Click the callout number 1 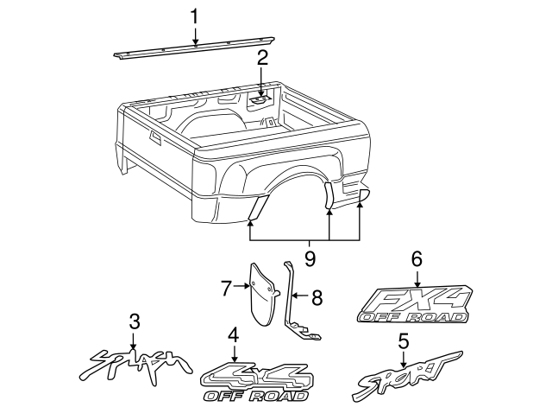point(195,16)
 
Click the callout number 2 point(262,60)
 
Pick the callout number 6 point(417,258)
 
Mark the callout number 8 point(317,299)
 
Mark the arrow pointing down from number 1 point(195,35)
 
